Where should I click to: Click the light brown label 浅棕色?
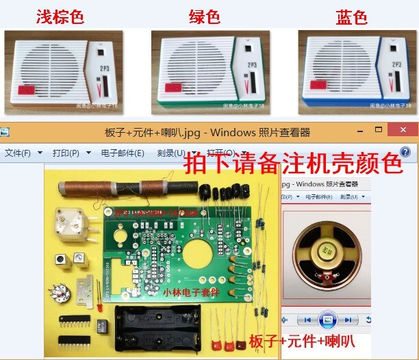(60, 16)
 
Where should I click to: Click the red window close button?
(401, 130)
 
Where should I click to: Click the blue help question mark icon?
(405, 152)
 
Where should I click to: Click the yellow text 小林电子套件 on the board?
(192, 291)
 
